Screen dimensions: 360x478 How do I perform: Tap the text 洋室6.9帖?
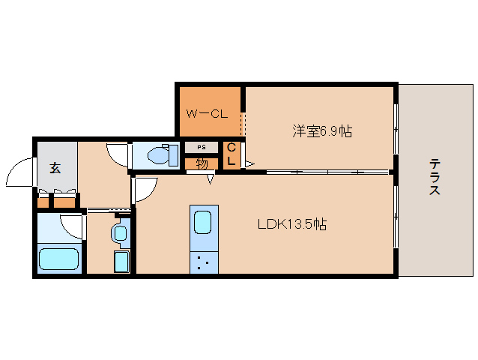pyautogui.click(x=322, y=131)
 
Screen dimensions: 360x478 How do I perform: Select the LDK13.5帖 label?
pyautogui.click(x=292, y=223)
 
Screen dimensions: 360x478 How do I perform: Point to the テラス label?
pyautogui.click(x=435, y=178)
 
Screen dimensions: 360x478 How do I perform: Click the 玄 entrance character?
pyautogui.click(x=55, y=167)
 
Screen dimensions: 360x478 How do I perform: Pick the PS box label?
pyautogui.click(x=201, y=147)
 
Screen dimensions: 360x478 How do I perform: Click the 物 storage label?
pyautogui.click(x=201, y=163)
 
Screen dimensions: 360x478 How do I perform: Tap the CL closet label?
pyautogui.click(x=232, y=154)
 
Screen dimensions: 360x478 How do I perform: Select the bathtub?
pyautogui.click(x=59, y=259)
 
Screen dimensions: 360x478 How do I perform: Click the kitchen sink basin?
pyautogui.click(x=203, y=223)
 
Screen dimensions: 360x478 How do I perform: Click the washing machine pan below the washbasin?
pyautogui.click(x=121, y=262)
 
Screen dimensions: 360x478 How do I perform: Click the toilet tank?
pyautogui.click(x=175, y=155)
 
